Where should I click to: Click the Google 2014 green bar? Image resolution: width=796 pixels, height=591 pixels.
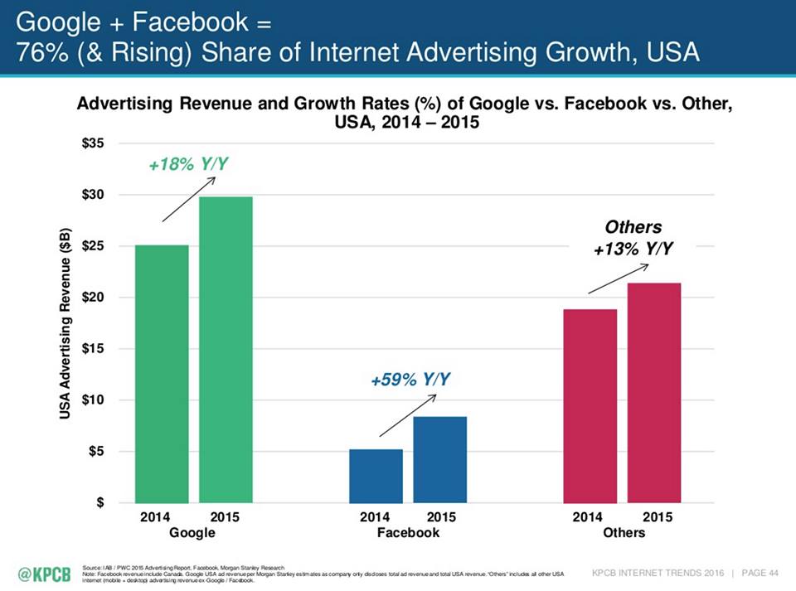[162, 373]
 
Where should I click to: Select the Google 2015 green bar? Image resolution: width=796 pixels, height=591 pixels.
[226, 349]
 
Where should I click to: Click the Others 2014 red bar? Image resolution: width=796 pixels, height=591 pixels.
[590, 405]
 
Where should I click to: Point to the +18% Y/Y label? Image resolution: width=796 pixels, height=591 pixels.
[187, 165]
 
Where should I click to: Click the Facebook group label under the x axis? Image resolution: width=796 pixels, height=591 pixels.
[408, 533]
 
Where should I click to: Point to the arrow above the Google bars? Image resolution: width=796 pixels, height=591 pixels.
[188, 199]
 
